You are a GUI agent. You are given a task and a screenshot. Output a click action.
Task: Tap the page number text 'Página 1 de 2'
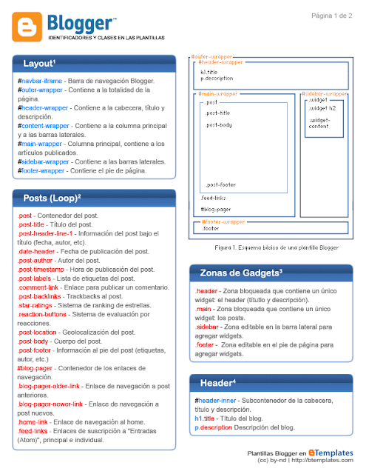332,16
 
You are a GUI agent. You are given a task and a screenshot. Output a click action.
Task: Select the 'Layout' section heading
40,64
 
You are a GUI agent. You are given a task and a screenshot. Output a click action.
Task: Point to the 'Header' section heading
218,383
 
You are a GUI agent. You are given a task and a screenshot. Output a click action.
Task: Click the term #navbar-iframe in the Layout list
40,80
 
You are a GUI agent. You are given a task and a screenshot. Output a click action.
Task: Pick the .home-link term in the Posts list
34,421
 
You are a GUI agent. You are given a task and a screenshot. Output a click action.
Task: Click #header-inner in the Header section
219,400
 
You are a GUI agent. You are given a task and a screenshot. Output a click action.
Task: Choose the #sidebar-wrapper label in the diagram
325,94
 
